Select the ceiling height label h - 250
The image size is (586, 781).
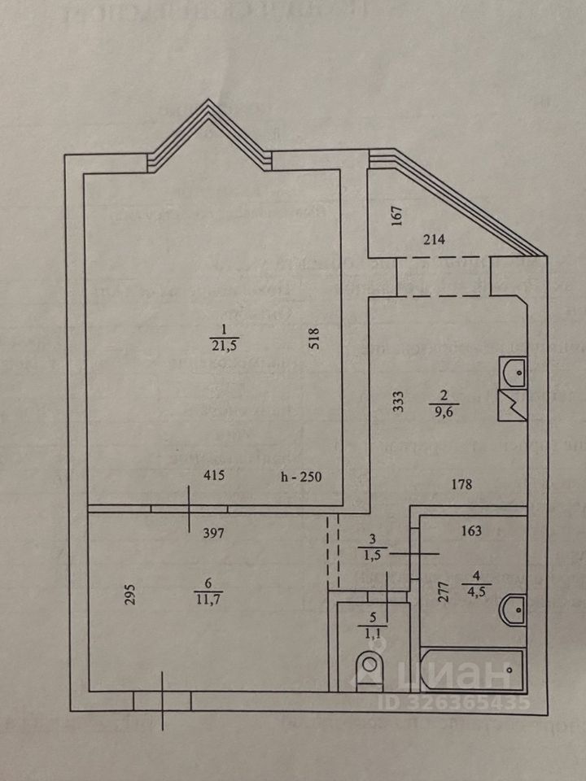coord(301,478)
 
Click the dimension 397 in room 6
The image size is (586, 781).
coord(214,534)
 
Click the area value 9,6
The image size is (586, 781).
coord(443,412)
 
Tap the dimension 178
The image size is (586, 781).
coord(462,485)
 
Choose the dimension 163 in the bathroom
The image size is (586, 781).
coord(470,531)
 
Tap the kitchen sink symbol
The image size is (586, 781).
coord(512,373)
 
